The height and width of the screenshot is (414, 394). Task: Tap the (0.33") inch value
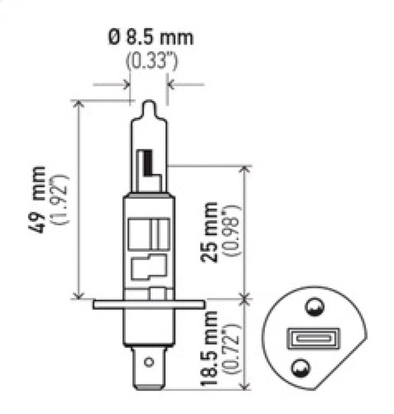tap(149, 61)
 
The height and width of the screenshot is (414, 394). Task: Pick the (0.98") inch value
tap(231, 231)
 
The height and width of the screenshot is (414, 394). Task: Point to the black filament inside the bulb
tap(149, 164)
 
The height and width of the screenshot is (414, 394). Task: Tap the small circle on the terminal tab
tap(149, 362)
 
